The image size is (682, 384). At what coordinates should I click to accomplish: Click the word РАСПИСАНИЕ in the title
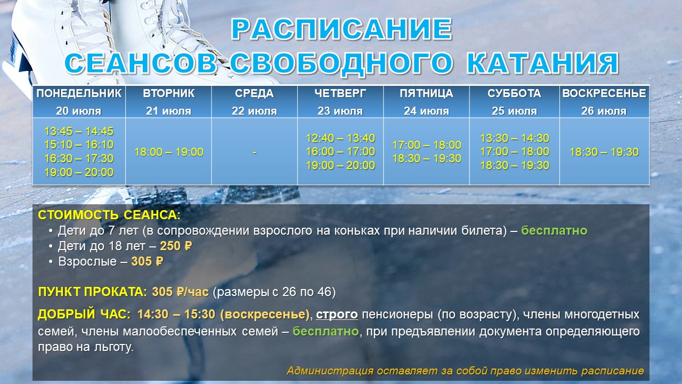click(x=342, y=29)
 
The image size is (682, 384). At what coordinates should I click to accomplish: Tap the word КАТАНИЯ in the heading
click(x=542, y=63)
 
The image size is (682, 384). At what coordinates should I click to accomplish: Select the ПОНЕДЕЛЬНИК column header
click(x=79, y=93)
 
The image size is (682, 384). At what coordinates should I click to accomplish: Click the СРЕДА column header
click(x=254, y=93)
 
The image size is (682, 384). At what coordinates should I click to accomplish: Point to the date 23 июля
click(x=340, y=111)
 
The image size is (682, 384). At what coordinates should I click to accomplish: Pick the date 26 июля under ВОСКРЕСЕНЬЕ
click(x=604, y=111)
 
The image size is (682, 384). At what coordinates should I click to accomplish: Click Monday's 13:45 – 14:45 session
click(x=79, y=131)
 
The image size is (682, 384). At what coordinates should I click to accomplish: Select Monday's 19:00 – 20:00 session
click(x=79, y=172)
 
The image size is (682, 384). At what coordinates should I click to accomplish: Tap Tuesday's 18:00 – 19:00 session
click(x=169, y=152)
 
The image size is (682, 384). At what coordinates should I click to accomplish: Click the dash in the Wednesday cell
click(x=255, y=152)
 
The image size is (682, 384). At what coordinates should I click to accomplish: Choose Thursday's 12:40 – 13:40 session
click(x=340, y=138)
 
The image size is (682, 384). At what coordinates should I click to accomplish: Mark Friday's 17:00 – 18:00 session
click(x=427, y=145)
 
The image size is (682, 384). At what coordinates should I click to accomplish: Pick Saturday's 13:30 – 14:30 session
click(x=515, y=138)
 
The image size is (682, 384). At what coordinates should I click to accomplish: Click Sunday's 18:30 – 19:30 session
click(x=604, y=152)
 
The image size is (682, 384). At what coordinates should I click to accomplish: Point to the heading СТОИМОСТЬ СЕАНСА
click(x=109, y=215)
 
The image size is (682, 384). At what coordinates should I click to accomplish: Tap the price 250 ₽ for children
click(x=176, y=246)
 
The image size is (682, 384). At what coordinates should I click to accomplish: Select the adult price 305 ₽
click(x=148, y=261)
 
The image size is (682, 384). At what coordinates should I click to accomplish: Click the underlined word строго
click(x=337, y=315)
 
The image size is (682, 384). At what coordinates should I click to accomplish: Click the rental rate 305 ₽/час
click(x=180, y=292)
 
